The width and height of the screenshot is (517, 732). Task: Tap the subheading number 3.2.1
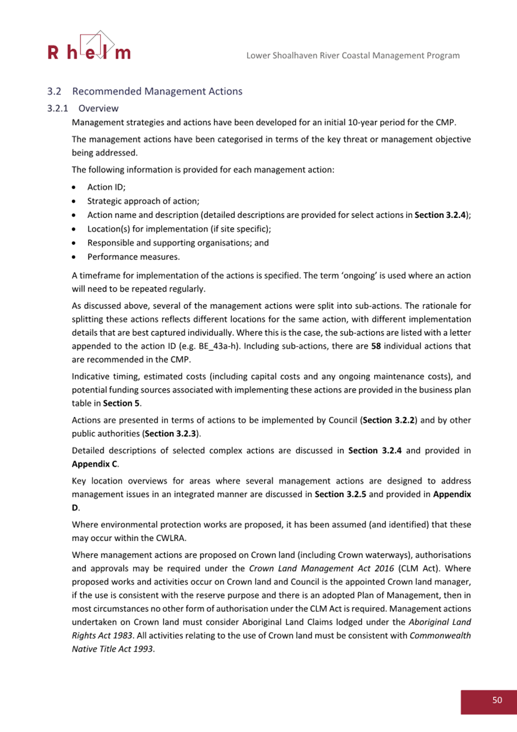[58, 108]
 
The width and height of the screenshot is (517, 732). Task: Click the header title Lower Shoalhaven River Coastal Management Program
[353, 56]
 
